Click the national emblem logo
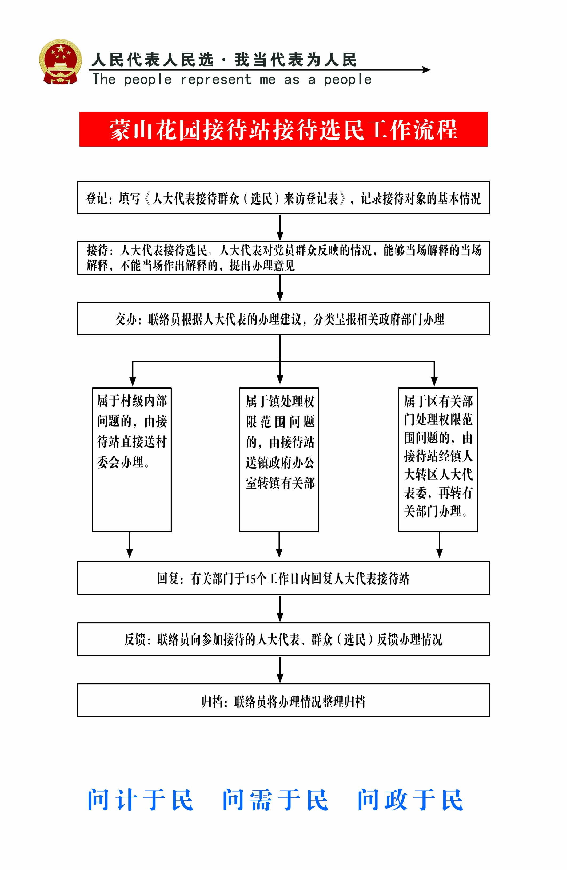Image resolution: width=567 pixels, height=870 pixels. click(x=61, y=62)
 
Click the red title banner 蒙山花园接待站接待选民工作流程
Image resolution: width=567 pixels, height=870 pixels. click(x=283, y=129)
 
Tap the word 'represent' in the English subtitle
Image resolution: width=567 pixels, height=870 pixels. click(x=216, y=79)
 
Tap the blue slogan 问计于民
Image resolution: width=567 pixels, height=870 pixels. click(x=140, y=800)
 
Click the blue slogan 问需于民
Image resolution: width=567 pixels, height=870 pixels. click(x=275, y=800)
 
